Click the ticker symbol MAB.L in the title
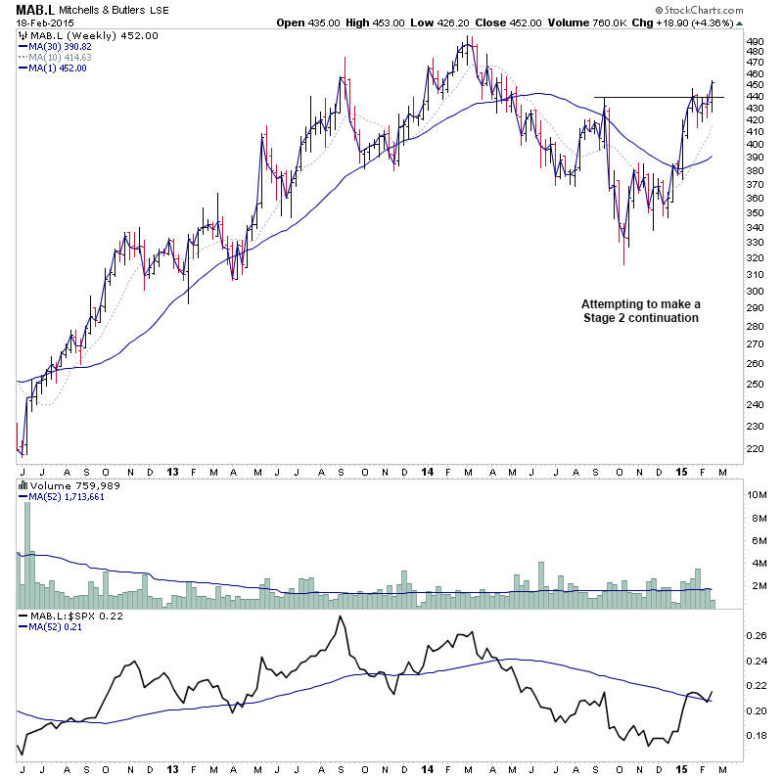click(34, 10)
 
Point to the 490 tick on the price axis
click(755, 42)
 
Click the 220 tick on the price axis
click(755, 448)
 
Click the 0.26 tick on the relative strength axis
click(757, 635)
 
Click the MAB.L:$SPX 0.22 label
click(66, 617)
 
